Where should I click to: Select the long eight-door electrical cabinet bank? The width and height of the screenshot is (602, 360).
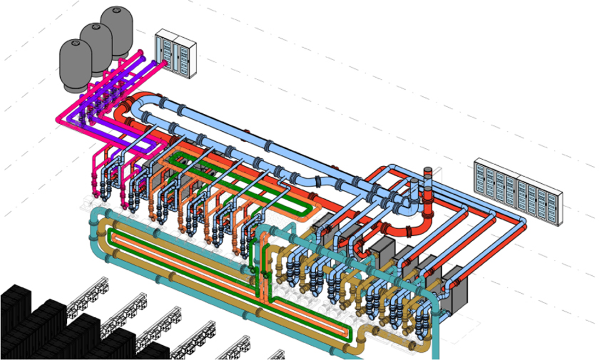(x=517, y=191)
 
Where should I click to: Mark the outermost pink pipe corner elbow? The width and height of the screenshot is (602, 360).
(x=61, y=118)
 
